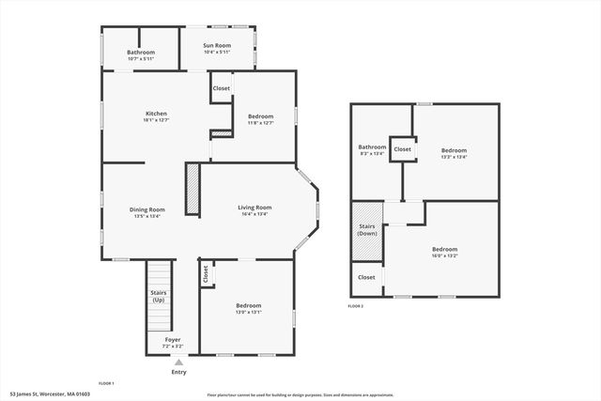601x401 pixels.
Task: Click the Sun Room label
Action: pyautogui.click(x=217, y=46)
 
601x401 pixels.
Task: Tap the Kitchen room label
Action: pyautogui.click(x=156, y=114)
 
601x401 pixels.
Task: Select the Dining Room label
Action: pyautogui.click(x=147, y=209)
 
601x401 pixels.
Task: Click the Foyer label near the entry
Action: pyautogui.click(x=173, y=339)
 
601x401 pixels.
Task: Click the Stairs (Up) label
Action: pyautogui.click(x=159, y=296)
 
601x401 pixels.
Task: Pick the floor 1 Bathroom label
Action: pyautogui.click(x=140, y=53)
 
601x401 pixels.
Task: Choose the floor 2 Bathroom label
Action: pyautogui.click(x=372, y=147)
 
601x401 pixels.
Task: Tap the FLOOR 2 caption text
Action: pyautogui.click(x=355, y=306)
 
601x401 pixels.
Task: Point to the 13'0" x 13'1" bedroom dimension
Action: pyautogui.click(x=249, y=313)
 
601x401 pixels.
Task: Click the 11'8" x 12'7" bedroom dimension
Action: pyautogui.click(x=260, y=122)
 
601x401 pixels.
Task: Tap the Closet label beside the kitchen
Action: pyautogui.click(x=222, y=88)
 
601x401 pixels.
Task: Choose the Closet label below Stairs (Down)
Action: pyautogui.click(x=366, y=277)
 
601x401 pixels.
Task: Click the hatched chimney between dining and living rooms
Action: pyautogui.click(x=193, y=191)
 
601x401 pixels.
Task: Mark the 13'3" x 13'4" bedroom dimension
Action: pyautogui.click(x=454, y=157)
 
